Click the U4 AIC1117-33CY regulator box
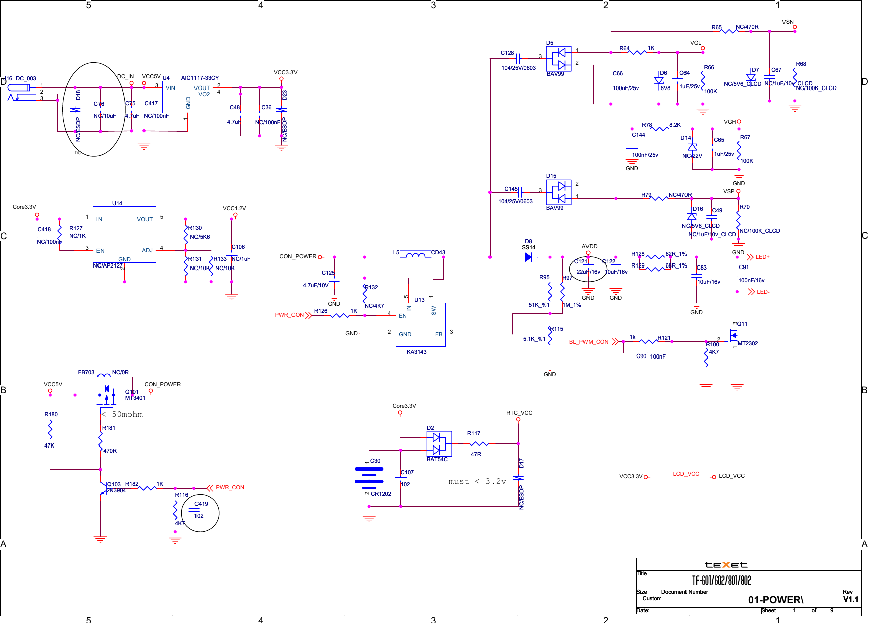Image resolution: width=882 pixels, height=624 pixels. coord(187,97)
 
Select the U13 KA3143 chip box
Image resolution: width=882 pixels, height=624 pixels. coord(420,324)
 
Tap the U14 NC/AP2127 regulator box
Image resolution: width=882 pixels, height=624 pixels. coord(124,234)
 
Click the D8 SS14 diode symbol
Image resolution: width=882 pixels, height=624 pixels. coord(528,257)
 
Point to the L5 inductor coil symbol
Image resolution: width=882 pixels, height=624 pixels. coord(415,255)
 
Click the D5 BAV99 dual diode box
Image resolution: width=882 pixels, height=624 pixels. coord(558,59)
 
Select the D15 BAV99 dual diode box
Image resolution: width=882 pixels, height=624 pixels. coord(558,192)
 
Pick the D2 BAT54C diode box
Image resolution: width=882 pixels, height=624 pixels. coord(439,443)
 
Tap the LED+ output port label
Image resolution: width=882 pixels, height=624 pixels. coord(762,257)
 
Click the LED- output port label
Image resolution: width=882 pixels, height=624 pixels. coord(763,292)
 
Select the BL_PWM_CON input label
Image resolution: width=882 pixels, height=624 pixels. coord(589,342)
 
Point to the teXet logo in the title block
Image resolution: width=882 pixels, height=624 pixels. coord(725,565)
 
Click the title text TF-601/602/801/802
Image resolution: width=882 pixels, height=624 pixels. coord(721,581)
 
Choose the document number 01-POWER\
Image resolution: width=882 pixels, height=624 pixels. coord(775,599)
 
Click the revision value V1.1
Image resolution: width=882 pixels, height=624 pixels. coord(851,599)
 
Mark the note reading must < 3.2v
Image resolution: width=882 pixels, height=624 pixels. coord(477,481)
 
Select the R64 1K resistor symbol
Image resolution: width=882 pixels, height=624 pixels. coord(638,52)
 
